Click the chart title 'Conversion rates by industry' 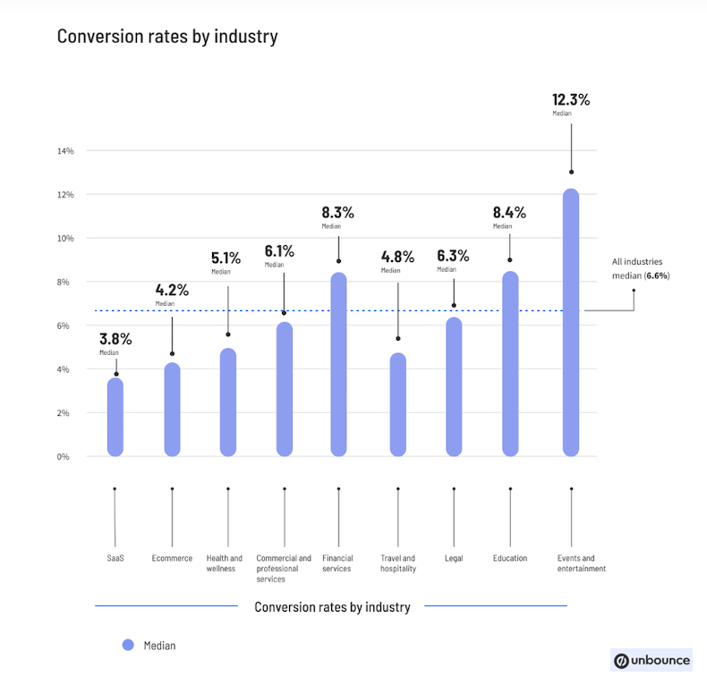point(167,37)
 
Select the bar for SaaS point(115,418)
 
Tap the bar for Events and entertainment point(571,322)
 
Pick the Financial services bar point(338,365)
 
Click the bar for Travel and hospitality point(397,405)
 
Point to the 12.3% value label point(571,99)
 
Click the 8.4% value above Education point(509,213)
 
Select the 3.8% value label point(115,339)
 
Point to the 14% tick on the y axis point(65,150)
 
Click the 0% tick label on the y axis point(64,457)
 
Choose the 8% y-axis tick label point(64,282)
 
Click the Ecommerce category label point(172,559)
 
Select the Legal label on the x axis point(454,559)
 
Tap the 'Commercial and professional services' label point(284,569)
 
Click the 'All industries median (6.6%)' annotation point(641,268)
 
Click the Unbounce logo point(652,660)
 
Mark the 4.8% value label point(397,257)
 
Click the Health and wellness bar point(228,402)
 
